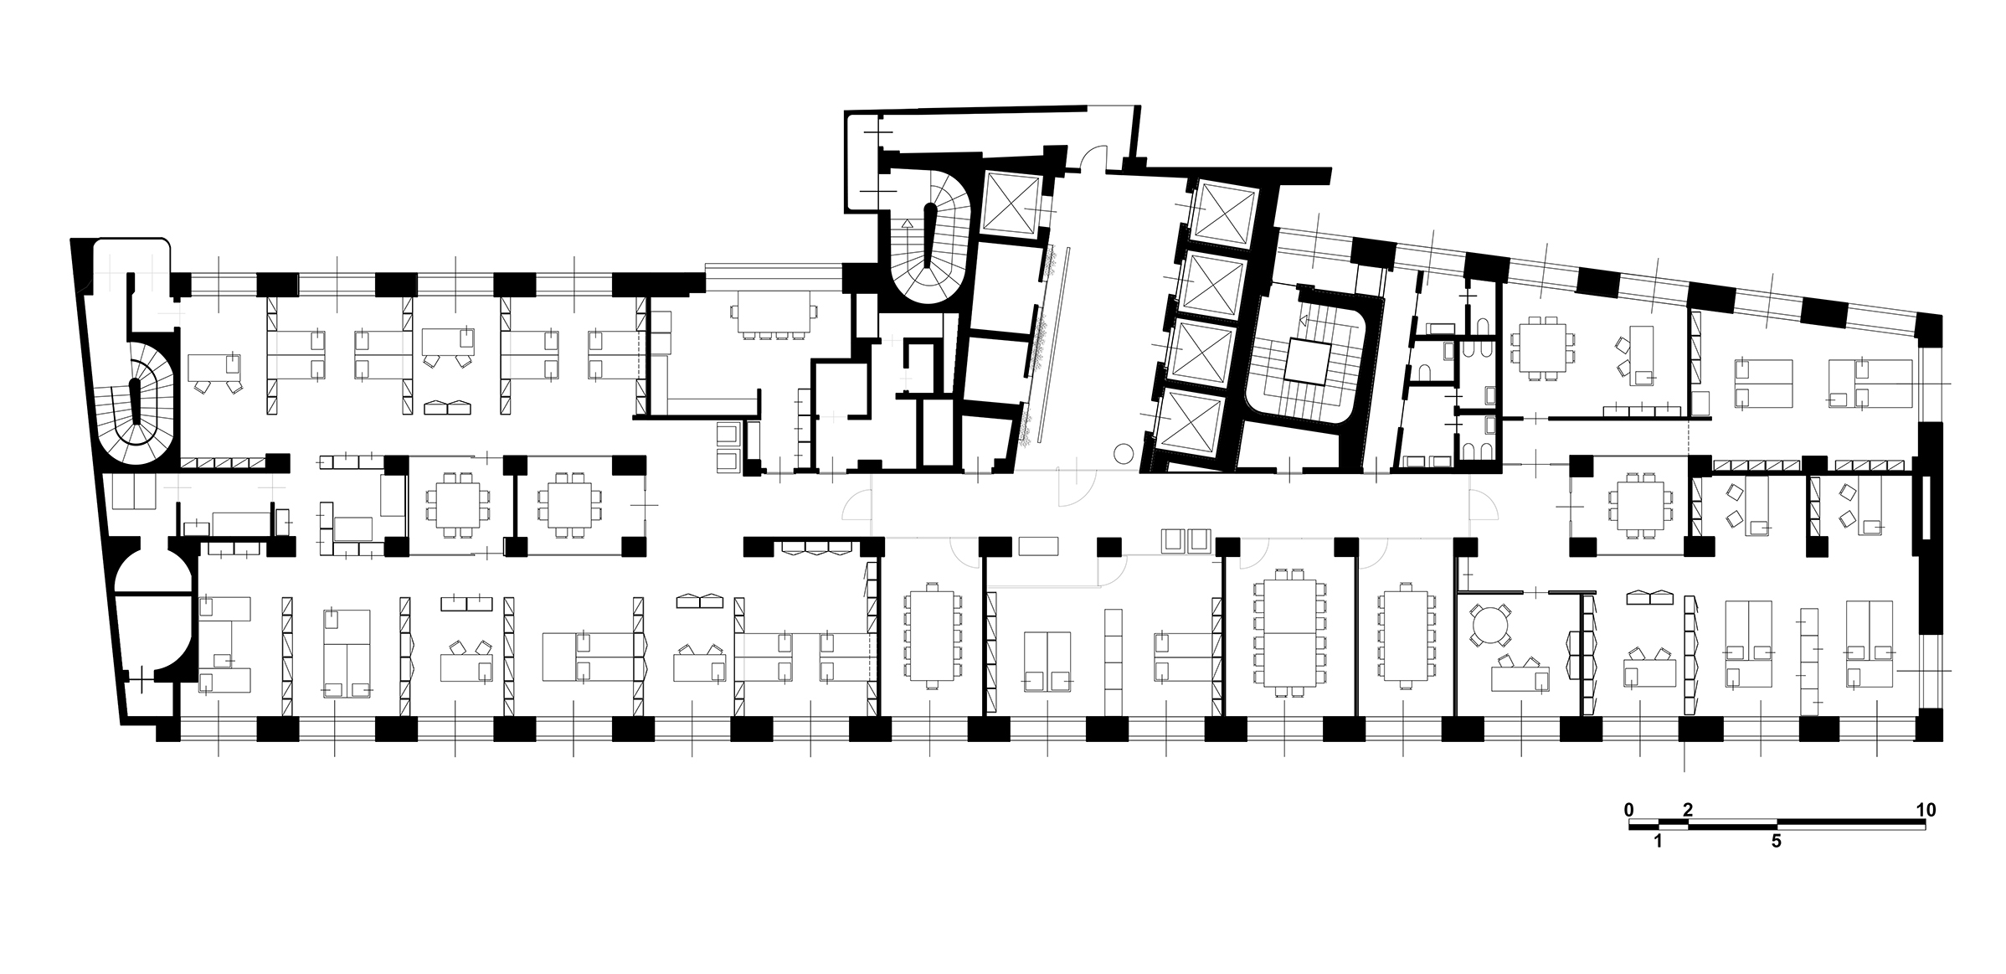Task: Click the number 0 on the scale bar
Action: (x=1628, y=810)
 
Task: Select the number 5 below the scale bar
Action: (x=1777, y=842)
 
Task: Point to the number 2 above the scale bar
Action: (x=1688, y=810)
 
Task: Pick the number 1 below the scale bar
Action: (x=1658, y=842)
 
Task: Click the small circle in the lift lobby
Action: (x=1124, y=455)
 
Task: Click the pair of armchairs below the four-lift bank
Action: (x=1186, y=540)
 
